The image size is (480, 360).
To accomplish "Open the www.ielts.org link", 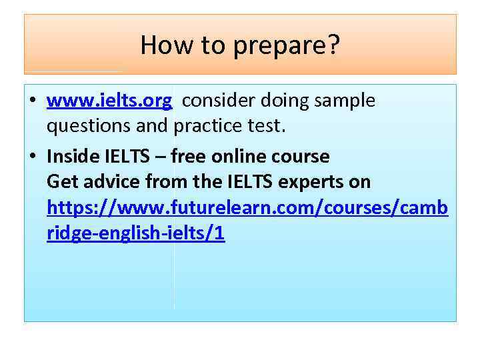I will click(110, 101).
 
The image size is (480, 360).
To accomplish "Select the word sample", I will click(347, 101).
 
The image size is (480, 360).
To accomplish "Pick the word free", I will click(189, 157).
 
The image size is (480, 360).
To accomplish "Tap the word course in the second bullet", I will click(301, 157).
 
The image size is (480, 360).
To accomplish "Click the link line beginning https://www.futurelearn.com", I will click(247, 209).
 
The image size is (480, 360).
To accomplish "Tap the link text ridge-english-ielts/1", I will click(136, 236).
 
